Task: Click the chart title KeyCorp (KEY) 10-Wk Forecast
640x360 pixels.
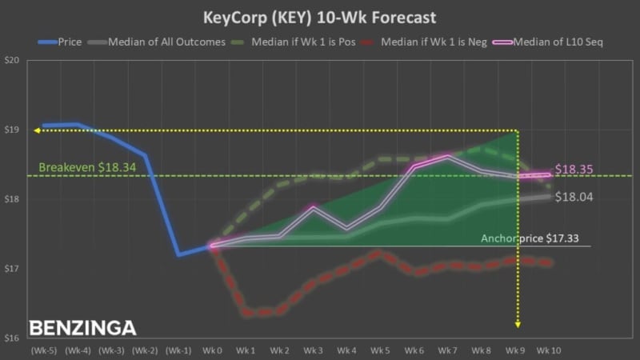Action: pyautogui.click(x=319, y=16)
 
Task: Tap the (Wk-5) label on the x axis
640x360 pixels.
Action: pyautogui.click(x=43, y=351)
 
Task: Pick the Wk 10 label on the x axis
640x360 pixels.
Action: pyautogui.click(x=549, y=351)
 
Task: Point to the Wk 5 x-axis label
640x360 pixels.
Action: pyautogui.click(x=380, y=351)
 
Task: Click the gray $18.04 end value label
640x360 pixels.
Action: pyautogui.click(x=574, y=197)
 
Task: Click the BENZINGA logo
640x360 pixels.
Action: pyautogui.click(x=82, y=328)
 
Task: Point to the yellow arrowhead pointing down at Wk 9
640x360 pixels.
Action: pyautogui.click(x=518, y=324)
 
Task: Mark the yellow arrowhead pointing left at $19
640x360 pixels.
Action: pyautogui.click(x=37, y=130)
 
